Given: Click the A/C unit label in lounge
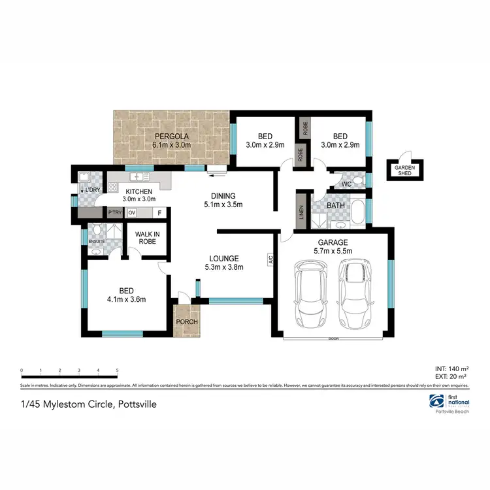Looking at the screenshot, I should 269,259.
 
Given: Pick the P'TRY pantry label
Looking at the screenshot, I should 115,212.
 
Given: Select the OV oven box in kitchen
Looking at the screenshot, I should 131,212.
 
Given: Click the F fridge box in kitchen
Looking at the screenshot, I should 159,212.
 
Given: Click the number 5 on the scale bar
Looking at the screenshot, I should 117,370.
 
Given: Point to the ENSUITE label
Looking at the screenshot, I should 96,240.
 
